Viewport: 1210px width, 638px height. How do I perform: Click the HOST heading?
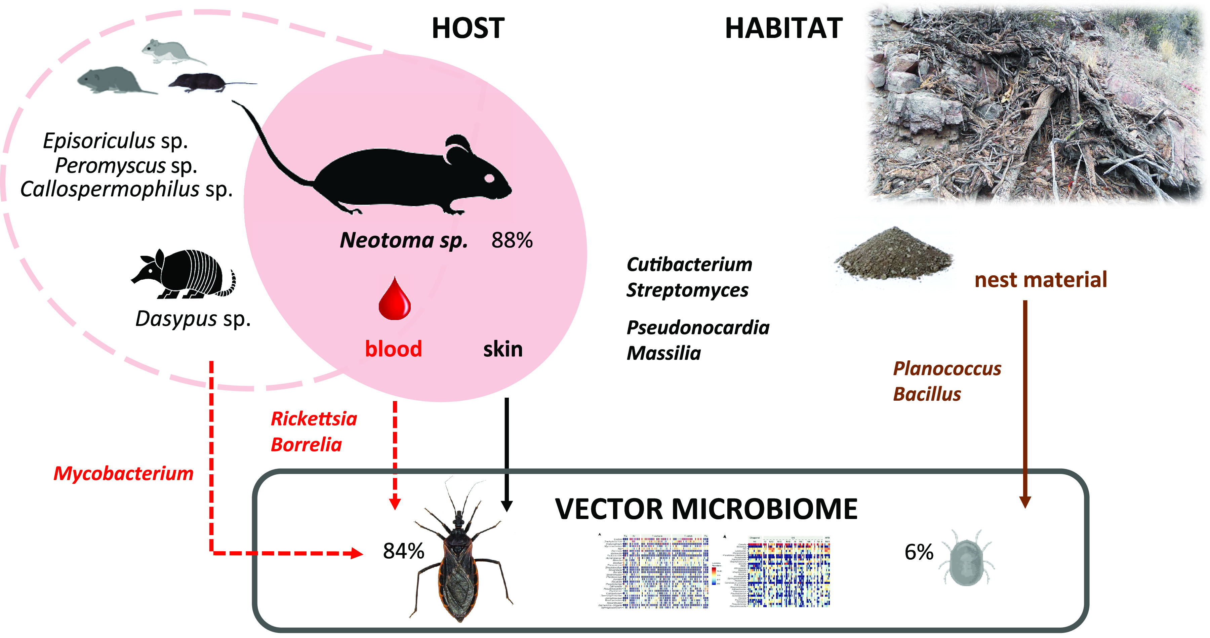[x=468, y=28]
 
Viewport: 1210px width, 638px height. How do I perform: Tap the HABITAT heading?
[x=783, y=28]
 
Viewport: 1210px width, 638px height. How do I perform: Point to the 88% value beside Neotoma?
[x=512, y=241]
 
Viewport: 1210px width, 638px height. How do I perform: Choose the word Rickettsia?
[x=314, y=418]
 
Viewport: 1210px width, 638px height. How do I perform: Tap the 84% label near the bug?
[x=403, y=551]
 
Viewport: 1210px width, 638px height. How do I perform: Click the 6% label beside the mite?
[x=919, y=552]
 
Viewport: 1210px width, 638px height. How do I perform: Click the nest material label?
[x=1040, y=280]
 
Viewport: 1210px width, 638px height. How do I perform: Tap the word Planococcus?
[x=946, y=369]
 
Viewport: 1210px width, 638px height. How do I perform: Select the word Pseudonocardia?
[x=697, y=327]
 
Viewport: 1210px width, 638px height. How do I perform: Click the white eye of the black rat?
[x=489, y=178]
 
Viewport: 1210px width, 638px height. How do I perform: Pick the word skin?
[x=502, y=349]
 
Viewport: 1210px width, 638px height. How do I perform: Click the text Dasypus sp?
[x=193, y=319]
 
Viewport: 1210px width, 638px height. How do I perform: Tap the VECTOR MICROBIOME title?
[x=706, y=509]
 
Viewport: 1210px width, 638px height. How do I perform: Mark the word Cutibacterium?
[x=689, y=265]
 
